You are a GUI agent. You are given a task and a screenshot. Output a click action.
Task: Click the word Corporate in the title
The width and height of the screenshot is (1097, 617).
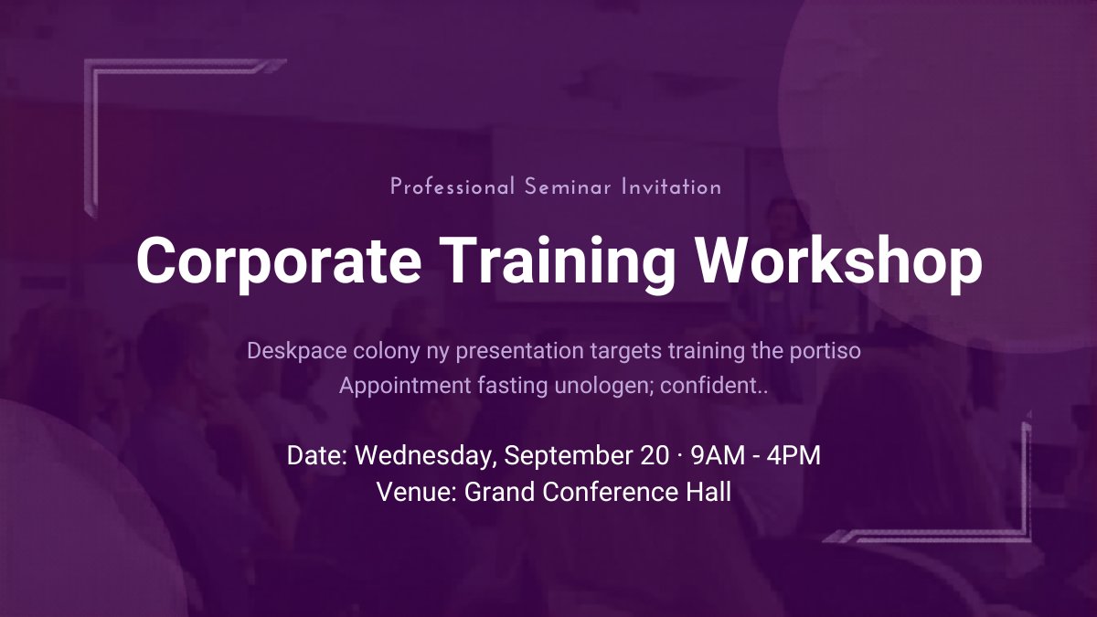pos(279,261)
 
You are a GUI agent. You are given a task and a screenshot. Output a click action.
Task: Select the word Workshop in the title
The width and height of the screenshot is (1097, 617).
pos(839,261)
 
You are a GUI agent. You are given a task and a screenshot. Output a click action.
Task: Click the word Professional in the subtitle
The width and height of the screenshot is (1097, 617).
pos(453,187)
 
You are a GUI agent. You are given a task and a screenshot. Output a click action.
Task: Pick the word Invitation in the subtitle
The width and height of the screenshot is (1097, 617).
pos(671,187)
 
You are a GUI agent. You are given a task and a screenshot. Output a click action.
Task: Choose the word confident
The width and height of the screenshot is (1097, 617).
pos(712,386)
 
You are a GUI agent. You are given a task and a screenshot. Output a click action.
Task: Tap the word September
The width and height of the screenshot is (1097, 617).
pos(560,455)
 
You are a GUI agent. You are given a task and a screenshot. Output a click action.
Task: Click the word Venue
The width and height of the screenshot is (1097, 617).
pos(416,492)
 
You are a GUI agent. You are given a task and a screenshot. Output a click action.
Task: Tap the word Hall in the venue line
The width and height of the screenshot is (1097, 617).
pos(708,492)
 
